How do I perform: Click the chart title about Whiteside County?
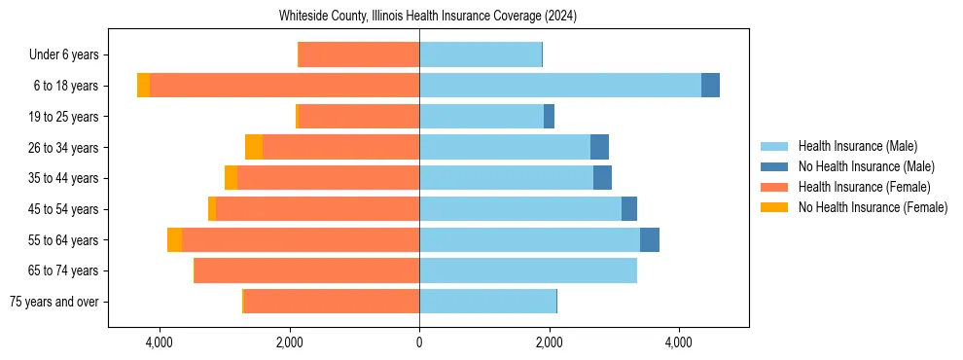pos(428,16)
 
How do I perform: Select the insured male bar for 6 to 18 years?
pos(560,86)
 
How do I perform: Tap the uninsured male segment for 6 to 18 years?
pos(710,86)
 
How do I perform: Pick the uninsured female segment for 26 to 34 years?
pos(254,147)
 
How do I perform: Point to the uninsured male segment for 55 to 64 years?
pos(650,239)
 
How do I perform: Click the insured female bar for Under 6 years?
pos(359,54)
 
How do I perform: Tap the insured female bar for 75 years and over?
pos(332,302)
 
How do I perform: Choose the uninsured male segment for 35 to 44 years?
pos(602,178)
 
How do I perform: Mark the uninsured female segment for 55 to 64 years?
pos(174,239)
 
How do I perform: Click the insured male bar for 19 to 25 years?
pos(481,117)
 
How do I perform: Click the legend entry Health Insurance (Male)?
pos(857,146)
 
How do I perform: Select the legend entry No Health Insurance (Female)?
pos(873,207)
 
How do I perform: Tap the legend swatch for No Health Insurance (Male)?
pos(774,166)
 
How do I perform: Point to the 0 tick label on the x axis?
pos(419,342)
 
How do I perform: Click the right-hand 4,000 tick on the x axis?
pos(679,342)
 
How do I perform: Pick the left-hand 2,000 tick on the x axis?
pos(289,342)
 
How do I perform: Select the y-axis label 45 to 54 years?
pos(64,209)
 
